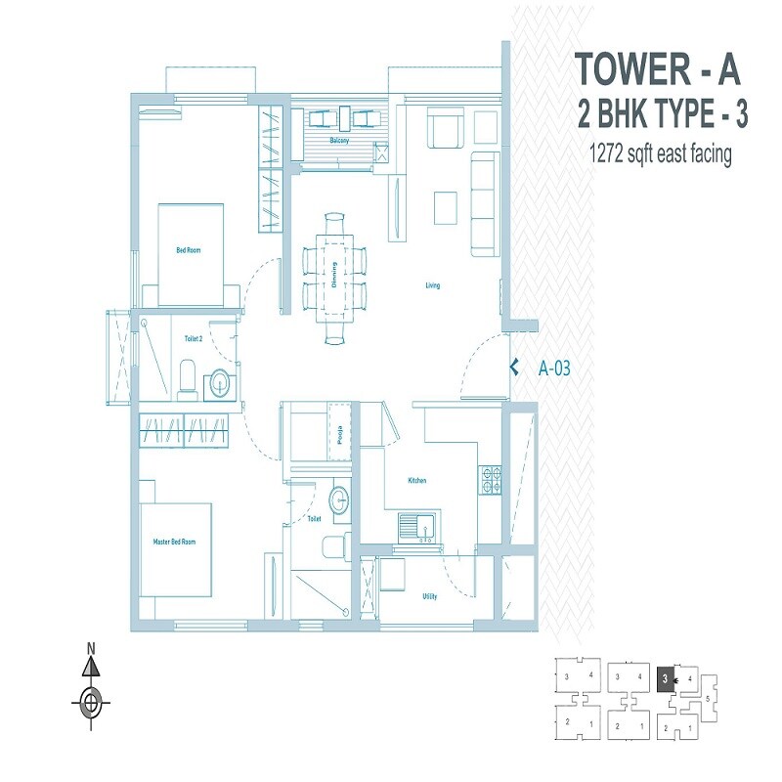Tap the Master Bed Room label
(x=174, y=542)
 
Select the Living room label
(x=432, y=285)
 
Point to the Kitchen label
(x=417, y=481)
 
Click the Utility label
(x=429, y=596)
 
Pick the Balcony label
(x=339, y=142)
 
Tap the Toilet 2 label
(x=194, y=339)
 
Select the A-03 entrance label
(x=554, y=369)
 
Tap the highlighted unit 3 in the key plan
(x=666, y=676)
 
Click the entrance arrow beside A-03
(x=513, y=369)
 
